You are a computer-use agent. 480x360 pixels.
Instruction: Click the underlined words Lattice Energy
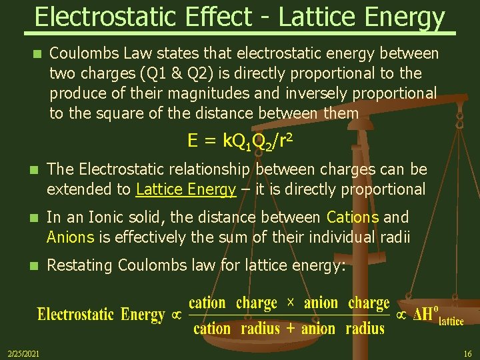coord(186,189)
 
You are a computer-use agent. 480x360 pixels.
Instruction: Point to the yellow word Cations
coord(353,217)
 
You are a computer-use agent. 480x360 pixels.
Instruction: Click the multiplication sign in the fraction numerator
coord(290,303)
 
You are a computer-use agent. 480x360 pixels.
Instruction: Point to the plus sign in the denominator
coord(290,328)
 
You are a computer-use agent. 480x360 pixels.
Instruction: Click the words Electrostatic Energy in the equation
coord(101,315)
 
